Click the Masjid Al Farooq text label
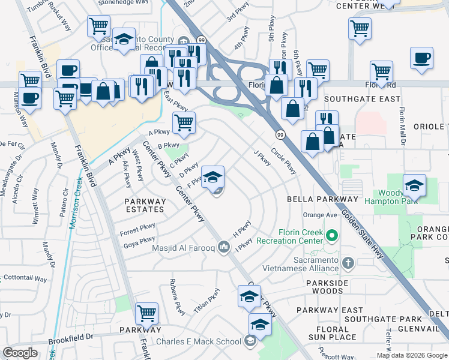[183, 247]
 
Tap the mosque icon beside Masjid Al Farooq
[224, 247]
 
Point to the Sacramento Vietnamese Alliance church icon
[348, 263]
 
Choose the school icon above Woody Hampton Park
[414, 186]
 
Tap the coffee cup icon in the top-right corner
[422, 58]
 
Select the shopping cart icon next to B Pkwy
[184, 122]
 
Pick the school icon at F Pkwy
[212, 177]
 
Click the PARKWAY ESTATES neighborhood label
[145, 205]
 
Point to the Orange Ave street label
[320, 215]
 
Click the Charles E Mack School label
[199, 342]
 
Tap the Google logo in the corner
[20, 353]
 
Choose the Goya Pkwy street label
[139, 242]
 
